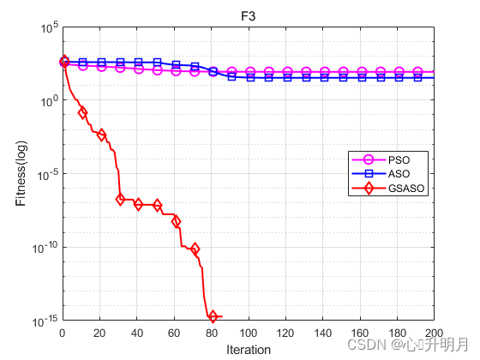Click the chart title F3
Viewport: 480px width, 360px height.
(249, 16)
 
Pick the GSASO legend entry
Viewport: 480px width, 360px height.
(388, 188)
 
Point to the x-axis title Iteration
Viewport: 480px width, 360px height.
(249, 350)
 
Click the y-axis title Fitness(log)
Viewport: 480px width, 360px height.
(21, 173)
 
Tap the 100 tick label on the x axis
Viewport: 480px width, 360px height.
(249, 333)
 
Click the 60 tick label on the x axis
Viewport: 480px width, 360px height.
(174, 333)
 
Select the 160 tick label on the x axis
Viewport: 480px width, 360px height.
(360, 333)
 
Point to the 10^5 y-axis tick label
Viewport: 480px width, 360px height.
(50, 28)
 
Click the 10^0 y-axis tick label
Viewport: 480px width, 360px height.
(50, 101)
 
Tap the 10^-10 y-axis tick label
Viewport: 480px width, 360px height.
(45, 248)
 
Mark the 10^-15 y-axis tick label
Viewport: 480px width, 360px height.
(45, 321)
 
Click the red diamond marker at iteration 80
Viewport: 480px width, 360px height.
(213, 316)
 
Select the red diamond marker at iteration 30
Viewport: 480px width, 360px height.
(120, 200)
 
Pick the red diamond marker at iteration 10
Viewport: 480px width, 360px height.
(82, 112)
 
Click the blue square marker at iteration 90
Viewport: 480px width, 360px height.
(231, 76)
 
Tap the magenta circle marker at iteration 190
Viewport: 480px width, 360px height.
(417, 72)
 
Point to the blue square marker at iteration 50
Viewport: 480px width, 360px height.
(158, 63)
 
